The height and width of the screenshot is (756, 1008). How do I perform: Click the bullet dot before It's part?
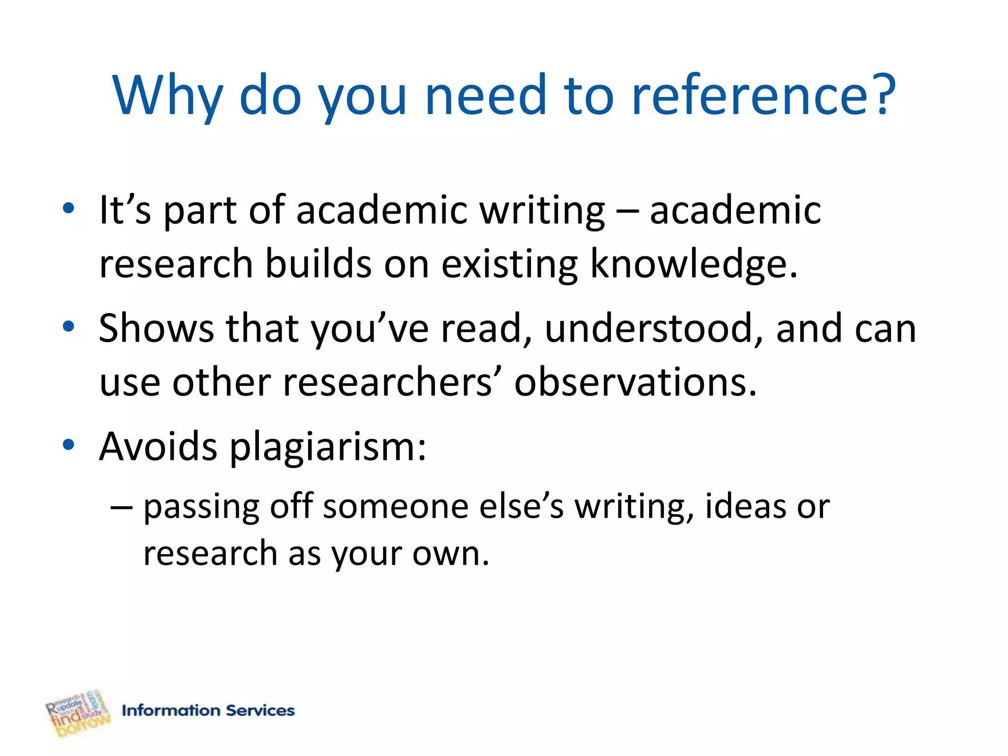[68, 208]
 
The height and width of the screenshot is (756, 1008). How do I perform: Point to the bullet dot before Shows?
[68, 326]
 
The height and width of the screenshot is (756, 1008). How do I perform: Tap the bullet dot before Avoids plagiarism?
[68, 444]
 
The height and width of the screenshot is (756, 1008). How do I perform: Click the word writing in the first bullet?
[542, 211]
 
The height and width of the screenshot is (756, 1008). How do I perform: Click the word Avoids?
[158, 446]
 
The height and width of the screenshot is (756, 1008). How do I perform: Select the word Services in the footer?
[260, 710]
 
